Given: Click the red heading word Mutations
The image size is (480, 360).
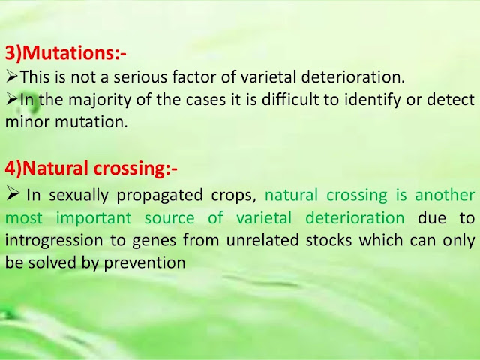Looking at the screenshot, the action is click(x=68, y=53).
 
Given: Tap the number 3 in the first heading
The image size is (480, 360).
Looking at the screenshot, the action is click(x=10, y=53).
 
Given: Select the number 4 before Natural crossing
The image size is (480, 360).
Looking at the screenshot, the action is click(x=10, y=168).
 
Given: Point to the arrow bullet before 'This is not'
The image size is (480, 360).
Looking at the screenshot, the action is click(x=12, y=76).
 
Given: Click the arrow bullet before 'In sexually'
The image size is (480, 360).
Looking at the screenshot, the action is click(x=13, y=194).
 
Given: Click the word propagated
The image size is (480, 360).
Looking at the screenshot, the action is click(x=160, y=195).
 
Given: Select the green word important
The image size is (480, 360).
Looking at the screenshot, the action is click(x=94, y=218).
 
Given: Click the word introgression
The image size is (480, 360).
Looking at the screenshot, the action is click(x=54, y=241).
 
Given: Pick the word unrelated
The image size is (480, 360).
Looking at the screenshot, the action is click(x=262, y=240).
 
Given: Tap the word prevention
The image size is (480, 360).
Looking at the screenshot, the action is click(x=145, y=263).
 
